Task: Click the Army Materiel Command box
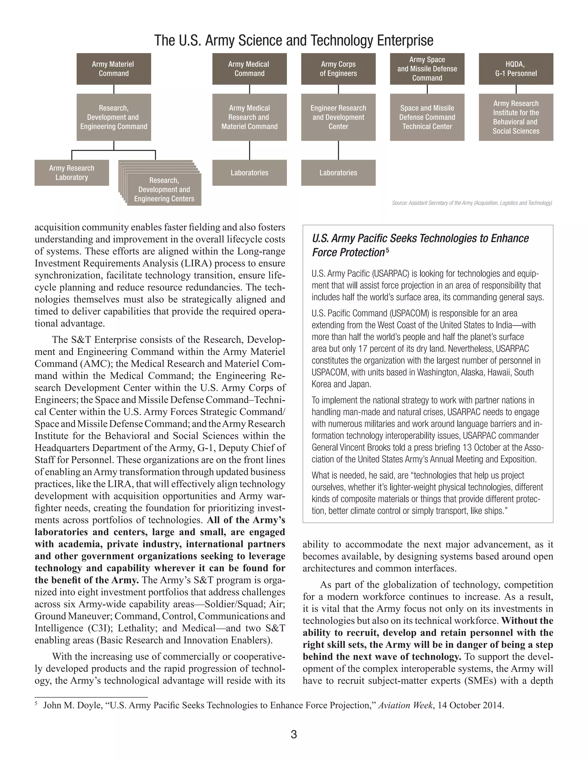(x=114, y=69)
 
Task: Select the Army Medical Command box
(x=249, y=69)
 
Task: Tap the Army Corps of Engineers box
(x=338, y=69)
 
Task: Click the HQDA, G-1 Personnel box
(x=516, y=69)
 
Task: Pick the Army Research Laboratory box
(x=72, y=173)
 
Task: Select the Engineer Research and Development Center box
(x=338, y=117)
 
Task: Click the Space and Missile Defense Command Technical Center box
(x=427, y=117)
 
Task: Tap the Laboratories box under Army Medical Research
(x=249, y=173)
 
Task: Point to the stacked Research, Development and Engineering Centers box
(x=164, y=190)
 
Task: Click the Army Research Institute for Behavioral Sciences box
(x=516, y=117)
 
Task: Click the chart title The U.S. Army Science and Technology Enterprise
(x=294, y=40)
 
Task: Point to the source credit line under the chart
(x=472, y=203)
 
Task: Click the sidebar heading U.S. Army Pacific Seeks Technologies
(x=420, y=238)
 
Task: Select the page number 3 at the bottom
(x=294, y=734)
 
